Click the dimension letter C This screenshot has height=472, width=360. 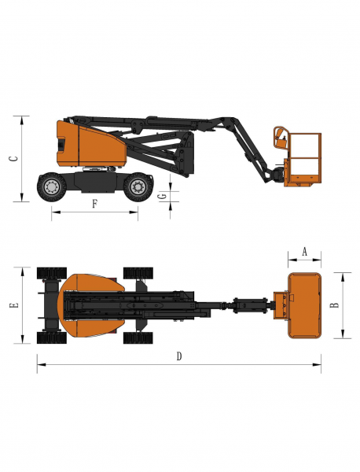14,158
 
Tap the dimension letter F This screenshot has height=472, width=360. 95,204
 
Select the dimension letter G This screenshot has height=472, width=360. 163,196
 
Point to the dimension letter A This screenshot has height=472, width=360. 305,252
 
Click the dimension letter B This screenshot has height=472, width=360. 334,304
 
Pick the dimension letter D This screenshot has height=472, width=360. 179,356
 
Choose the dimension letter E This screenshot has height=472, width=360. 14,305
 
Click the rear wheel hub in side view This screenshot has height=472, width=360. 52,187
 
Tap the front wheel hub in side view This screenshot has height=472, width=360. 138,187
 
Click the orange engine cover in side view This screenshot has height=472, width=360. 90,145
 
